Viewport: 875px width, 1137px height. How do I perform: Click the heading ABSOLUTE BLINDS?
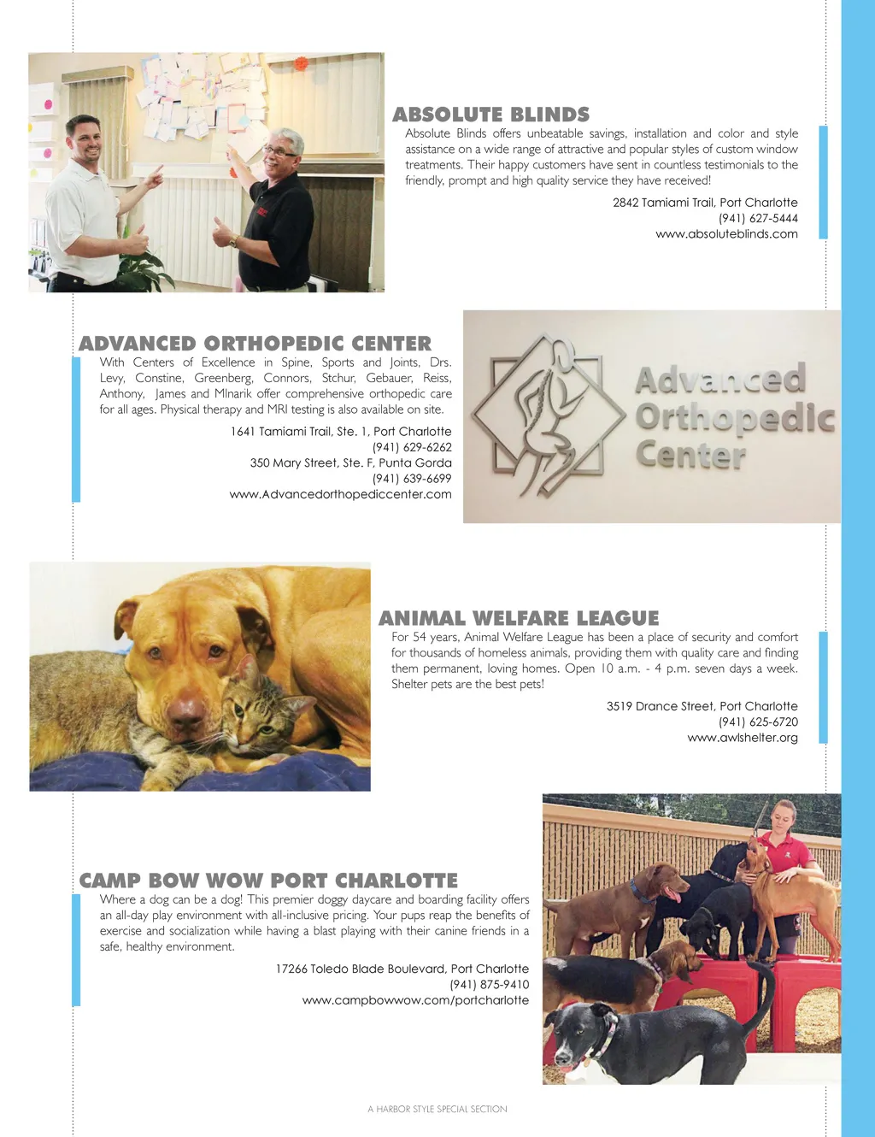click(490, 115)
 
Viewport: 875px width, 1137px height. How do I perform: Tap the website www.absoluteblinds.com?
click(726, 233)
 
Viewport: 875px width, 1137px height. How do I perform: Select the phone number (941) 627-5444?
click(758, 218)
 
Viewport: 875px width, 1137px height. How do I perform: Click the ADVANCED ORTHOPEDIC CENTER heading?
click(255, 344)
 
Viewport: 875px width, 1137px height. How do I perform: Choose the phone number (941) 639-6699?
click(412, 479)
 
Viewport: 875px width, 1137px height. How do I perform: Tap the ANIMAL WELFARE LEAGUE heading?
click(519, 618)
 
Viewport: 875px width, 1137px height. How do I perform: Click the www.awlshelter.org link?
click(742, 738)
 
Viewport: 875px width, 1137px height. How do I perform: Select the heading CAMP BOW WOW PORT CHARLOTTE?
click(268, 881)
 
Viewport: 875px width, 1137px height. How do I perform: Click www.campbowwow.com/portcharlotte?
click(415, 1000)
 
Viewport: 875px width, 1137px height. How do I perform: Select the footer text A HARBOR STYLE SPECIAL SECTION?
click(437, 1109)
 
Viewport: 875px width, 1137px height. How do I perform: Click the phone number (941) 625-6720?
click(758, 722)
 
